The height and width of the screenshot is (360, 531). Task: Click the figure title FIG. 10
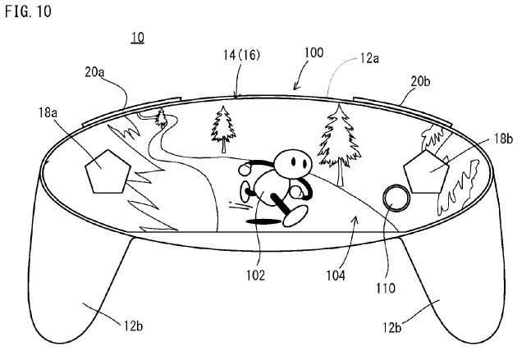[x=25, y=12]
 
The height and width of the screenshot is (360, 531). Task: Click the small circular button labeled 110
[x=396, y=198]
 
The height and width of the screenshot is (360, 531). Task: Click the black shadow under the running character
[x=263, y=221]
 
